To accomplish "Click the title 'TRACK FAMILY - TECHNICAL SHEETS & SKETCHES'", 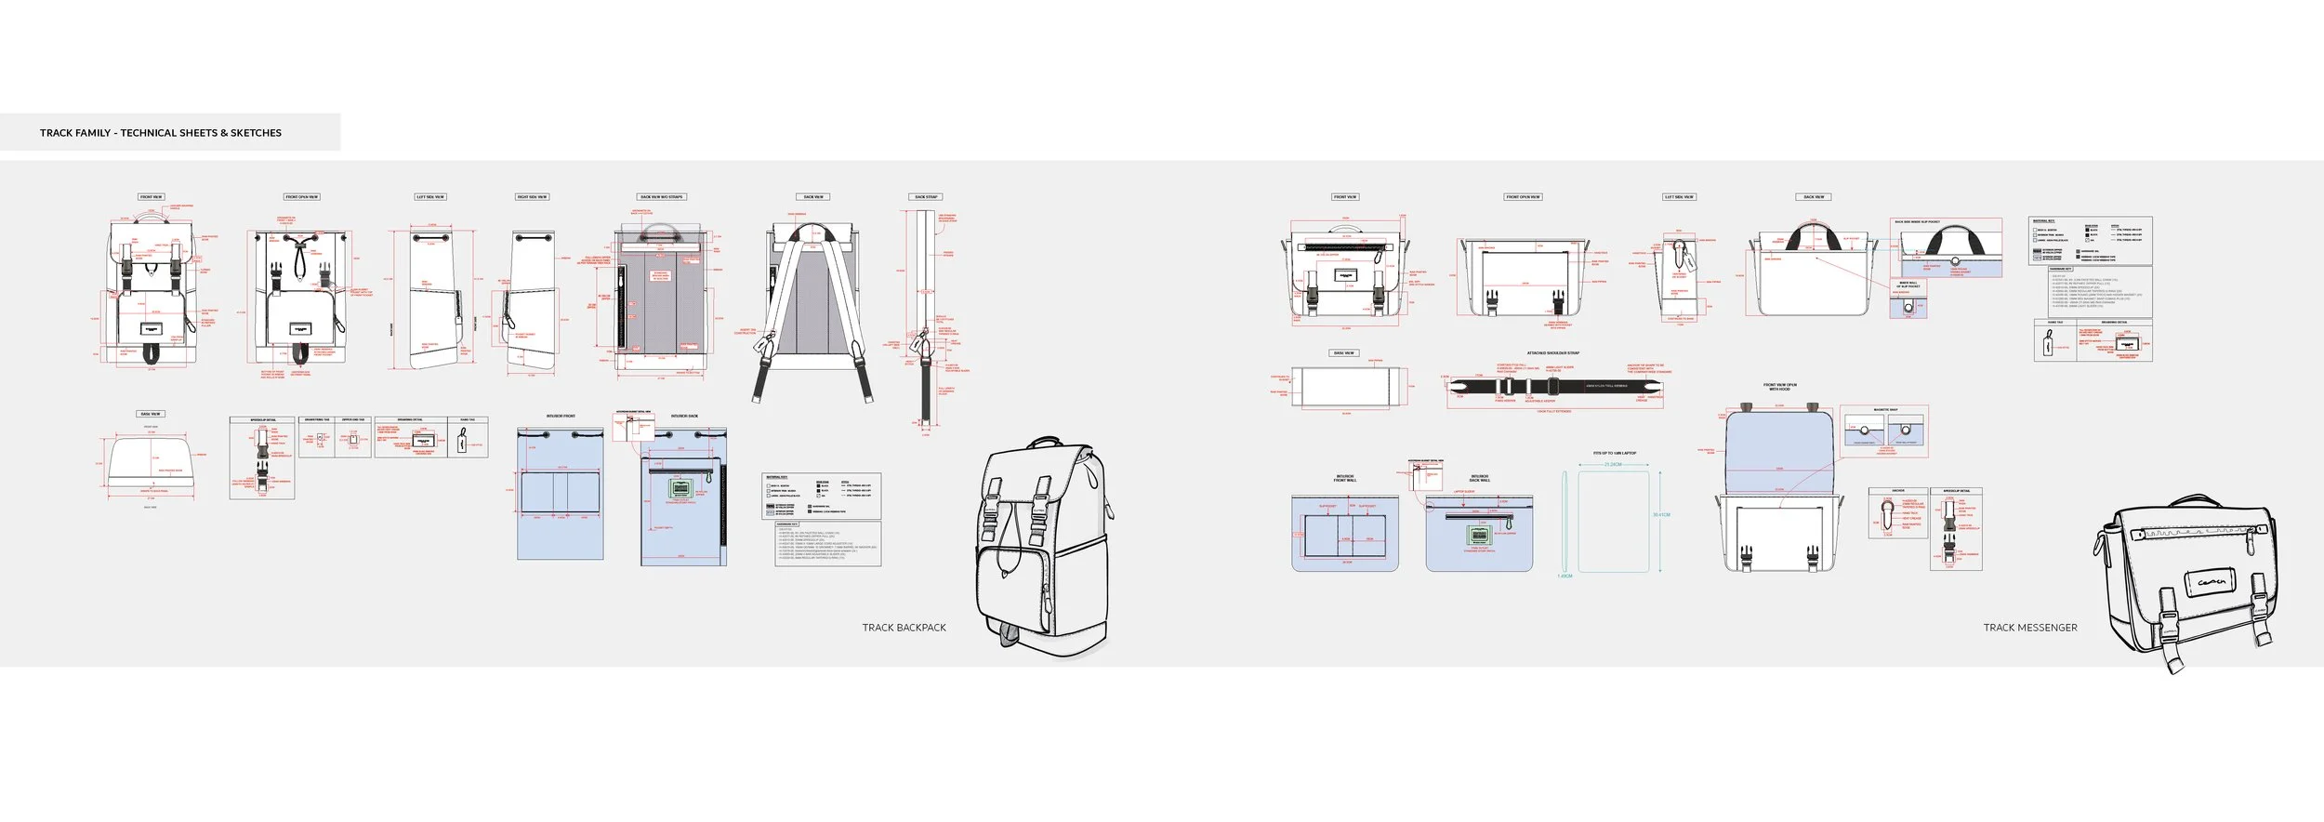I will point(161,133).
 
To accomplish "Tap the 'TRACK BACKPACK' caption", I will point(904,628).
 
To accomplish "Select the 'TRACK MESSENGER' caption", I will point(2030,628).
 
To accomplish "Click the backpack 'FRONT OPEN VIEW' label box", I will point(302,197).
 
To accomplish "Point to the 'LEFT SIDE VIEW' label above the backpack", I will point(430,197).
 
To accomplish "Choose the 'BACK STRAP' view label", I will point(926,197).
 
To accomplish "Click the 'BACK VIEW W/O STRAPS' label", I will point(661,197).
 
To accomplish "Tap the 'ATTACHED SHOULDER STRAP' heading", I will point(1552,353).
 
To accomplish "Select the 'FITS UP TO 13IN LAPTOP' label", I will point(1615,454).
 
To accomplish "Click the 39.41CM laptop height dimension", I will point(1661,514).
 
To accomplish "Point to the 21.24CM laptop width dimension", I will point(1613,464).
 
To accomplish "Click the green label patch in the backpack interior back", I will point(680,490).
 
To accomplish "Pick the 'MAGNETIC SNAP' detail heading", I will point(1885,410).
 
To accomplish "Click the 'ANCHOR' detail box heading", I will point(1898,490).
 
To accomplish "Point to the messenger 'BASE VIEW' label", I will point(1344,353).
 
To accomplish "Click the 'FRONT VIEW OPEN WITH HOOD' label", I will point(1780,387).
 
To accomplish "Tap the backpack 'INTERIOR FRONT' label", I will point(561,416).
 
